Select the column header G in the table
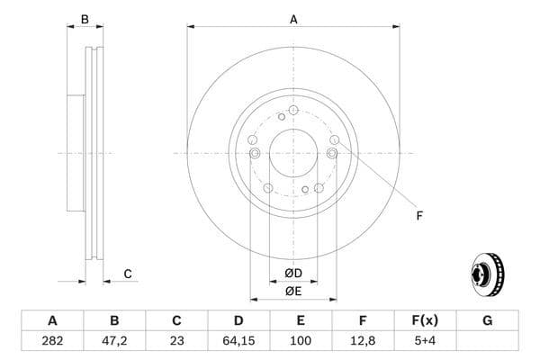coord(487,320)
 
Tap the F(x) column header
coord(425,320)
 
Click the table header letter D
coord(238,320)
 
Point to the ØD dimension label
coord(293,273)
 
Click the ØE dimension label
coord(293,290)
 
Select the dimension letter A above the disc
coord(293,19)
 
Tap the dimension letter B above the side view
coord(85,19)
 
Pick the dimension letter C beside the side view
coord(128,274)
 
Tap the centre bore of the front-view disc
coord(293,153)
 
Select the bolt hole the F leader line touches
coord(335,140)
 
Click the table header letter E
coord(301,320)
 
